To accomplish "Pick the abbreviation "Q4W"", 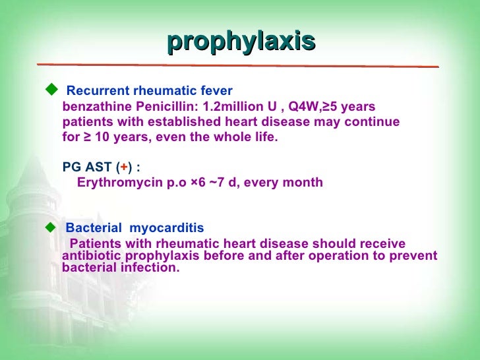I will [304, 107].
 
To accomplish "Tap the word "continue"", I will [373, 123].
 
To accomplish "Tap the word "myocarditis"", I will [167, 228].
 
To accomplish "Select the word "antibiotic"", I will [88, 256].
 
